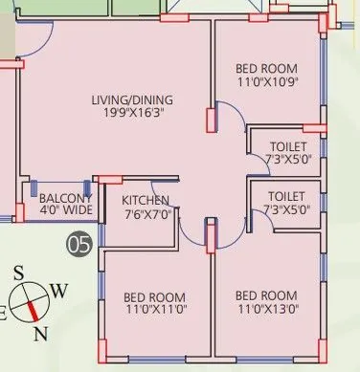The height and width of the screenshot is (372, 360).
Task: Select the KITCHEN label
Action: tap(146, 200)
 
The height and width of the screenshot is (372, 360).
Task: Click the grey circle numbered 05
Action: tap(79, 245)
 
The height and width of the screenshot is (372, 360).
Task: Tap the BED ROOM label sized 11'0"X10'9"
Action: tap(266, 70)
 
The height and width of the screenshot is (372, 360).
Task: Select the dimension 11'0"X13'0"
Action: tap(266, 309)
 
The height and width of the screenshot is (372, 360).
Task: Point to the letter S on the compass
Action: tap(17, 273)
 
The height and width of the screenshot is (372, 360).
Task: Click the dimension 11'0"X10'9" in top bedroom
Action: tap(266, 83)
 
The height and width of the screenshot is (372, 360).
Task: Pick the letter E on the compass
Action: tap(3, 312)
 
